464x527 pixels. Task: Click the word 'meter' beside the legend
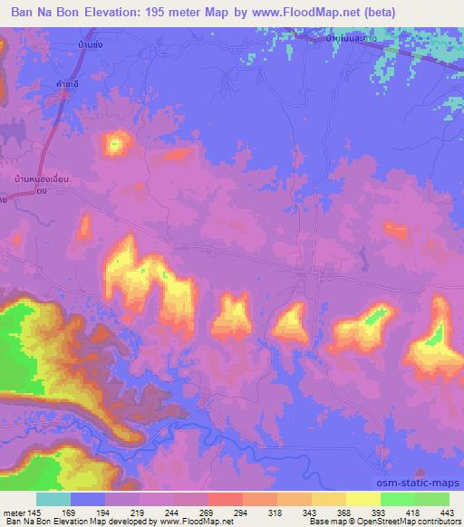point(17,513)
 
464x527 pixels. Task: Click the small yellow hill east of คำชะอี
point(116,142)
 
